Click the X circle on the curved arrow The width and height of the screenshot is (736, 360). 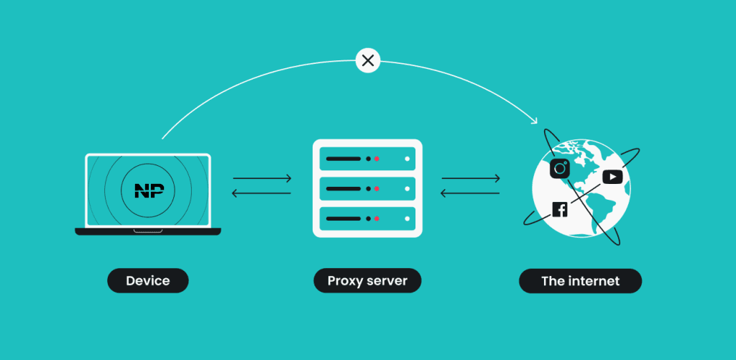coord(368,60)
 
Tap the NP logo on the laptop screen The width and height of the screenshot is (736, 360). coord(149,190)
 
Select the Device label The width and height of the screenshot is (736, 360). coord(147,280)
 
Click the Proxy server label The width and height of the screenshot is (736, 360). coord(367,280)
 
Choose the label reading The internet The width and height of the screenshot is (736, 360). coord(580,280)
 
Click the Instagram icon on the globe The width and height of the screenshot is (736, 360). coord(560,168)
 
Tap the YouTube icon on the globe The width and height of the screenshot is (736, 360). coord(612,176)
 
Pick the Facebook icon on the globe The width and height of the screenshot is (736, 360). coord(560,209)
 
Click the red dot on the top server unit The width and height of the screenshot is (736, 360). coord(377,158)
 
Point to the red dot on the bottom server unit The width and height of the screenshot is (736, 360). coord(377,217)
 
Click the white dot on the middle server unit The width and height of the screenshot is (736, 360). coord(408,188)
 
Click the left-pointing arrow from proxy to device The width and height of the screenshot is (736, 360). coord(262,193)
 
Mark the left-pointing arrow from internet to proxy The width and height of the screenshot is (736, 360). coord(470,193)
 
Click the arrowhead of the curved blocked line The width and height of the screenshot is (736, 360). coord(534,120)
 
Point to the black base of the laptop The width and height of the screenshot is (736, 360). coord(148,231)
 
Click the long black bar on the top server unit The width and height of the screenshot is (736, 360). coord(344,158)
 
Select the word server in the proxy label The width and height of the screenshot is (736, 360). coord(387,280)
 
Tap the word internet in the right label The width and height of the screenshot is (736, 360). coord(594,280)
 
